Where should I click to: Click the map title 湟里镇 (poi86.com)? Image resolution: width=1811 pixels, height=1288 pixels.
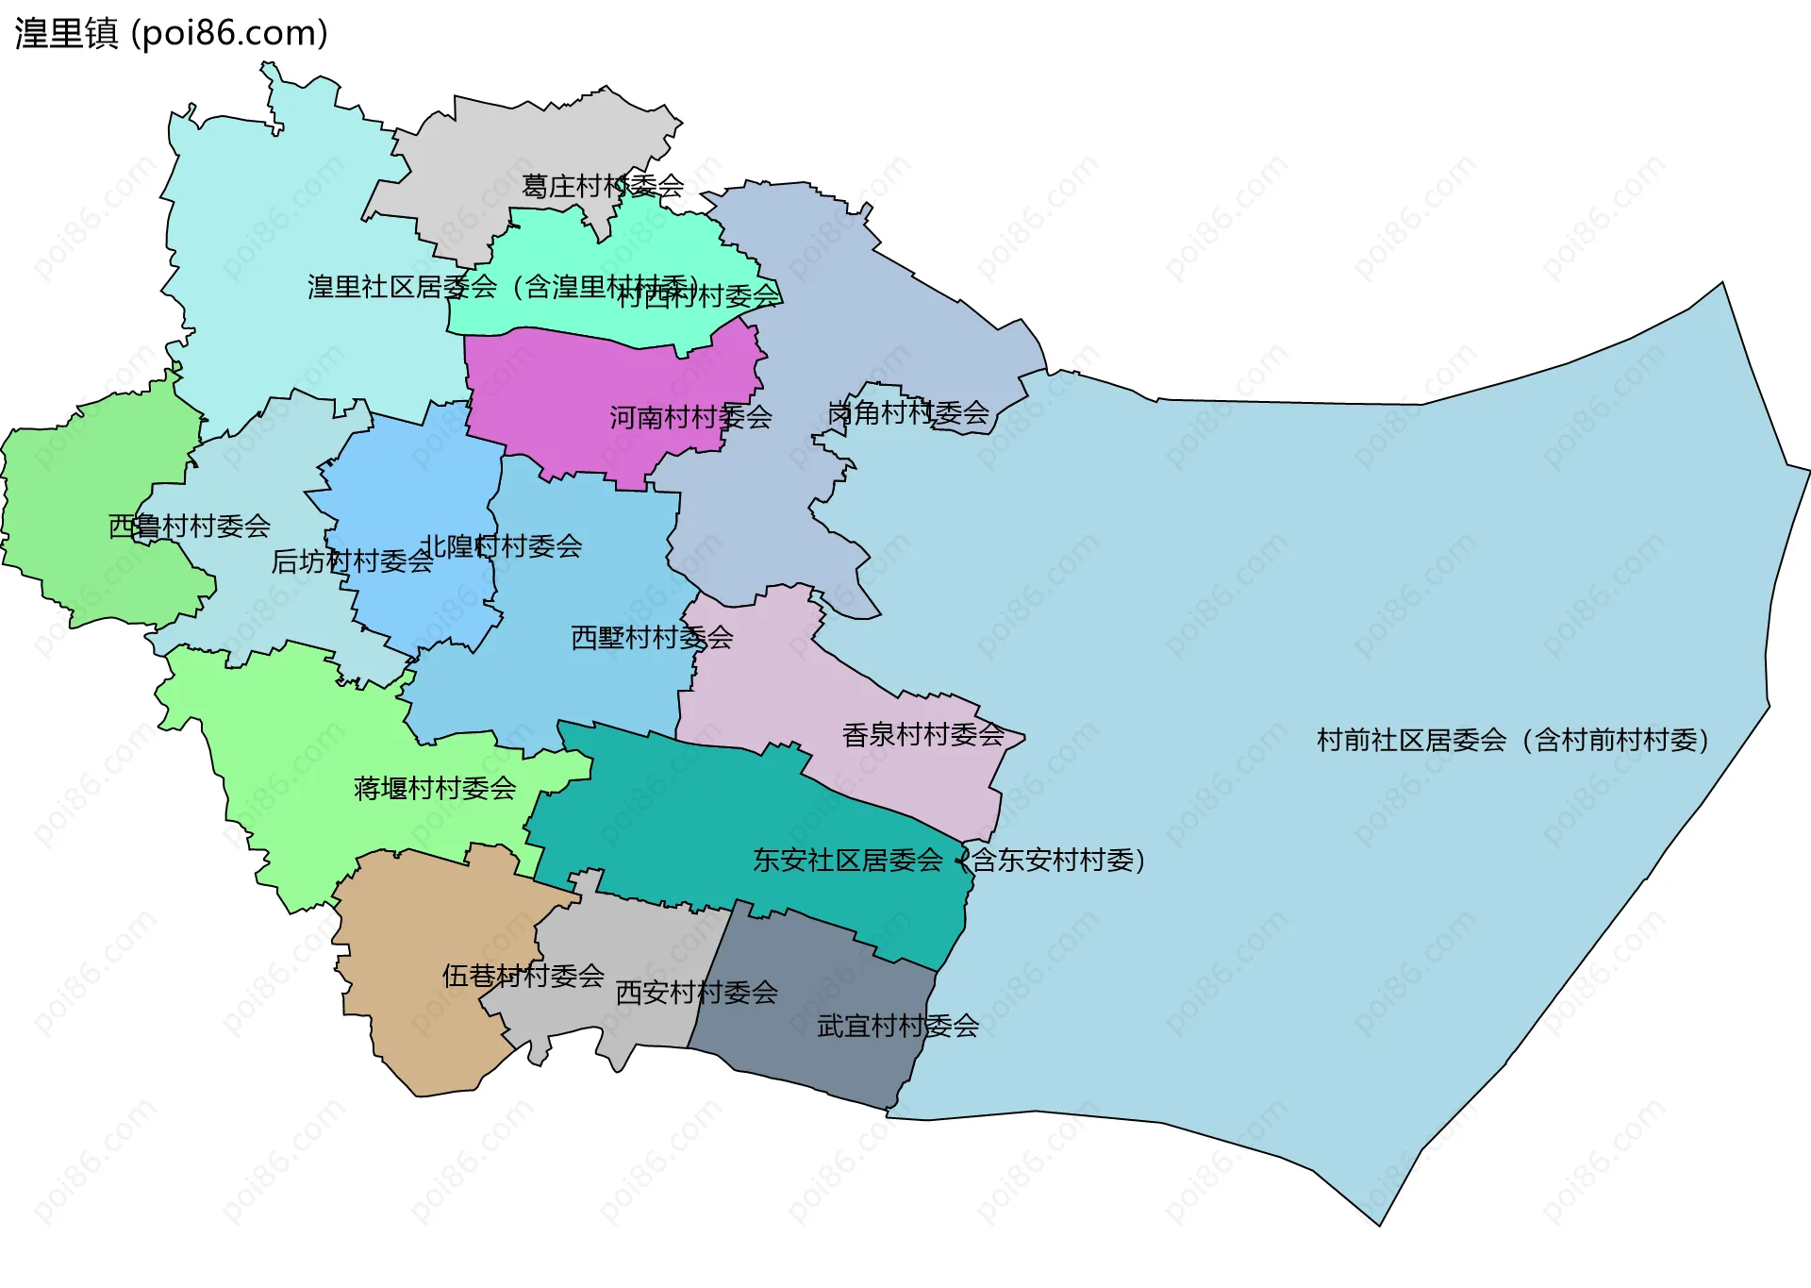pos(171,33)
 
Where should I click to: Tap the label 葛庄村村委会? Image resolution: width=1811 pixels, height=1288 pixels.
pos(603,186)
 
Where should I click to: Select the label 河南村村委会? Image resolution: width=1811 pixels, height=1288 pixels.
pos(690,417)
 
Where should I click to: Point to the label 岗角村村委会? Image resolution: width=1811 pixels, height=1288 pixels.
pos(907,412)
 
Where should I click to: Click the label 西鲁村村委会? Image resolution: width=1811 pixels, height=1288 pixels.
pos(190,526)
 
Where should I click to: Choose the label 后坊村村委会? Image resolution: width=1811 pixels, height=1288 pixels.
pos(352,561)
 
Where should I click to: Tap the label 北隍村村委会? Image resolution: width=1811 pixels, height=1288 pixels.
pos(501,545)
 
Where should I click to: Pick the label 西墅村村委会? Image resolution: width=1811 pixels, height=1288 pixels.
pos(652,637)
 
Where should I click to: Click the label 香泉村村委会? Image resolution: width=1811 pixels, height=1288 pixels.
pos(922,734)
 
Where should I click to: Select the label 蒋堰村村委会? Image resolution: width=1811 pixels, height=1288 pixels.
pos(435,788)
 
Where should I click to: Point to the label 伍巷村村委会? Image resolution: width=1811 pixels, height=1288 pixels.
pos(523,975)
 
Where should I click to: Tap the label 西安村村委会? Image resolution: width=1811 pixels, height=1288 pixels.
pos(696,992)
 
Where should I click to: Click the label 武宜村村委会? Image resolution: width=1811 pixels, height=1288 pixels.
pos(898,1026)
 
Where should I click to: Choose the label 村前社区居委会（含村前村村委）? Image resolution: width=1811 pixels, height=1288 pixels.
pos(1512,740)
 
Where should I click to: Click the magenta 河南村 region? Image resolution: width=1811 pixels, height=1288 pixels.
pos(566,387)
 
